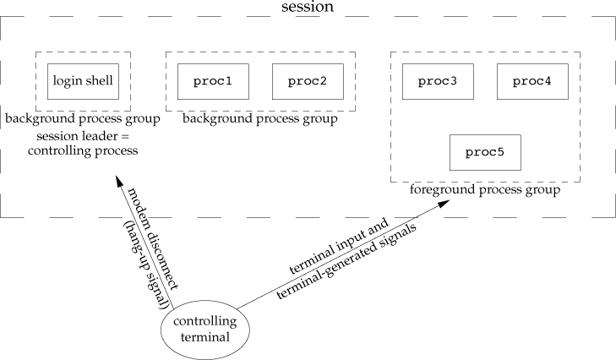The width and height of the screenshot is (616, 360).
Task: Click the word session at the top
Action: tap(308, 7)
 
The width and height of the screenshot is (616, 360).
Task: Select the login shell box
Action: tap(83, 81)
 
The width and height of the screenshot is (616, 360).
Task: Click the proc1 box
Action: tap(213, 81)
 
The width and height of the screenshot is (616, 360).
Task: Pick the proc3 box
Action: tap(438, 81)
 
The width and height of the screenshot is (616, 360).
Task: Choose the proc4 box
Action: tap(532, 81)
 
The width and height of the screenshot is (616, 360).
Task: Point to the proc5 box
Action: tap(485, 153)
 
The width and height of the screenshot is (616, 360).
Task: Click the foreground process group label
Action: tap(485, 191)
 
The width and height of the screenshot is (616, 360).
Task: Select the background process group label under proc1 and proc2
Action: tap(260, 120)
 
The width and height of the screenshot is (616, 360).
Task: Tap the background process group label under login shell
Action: tap(82, 118)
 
